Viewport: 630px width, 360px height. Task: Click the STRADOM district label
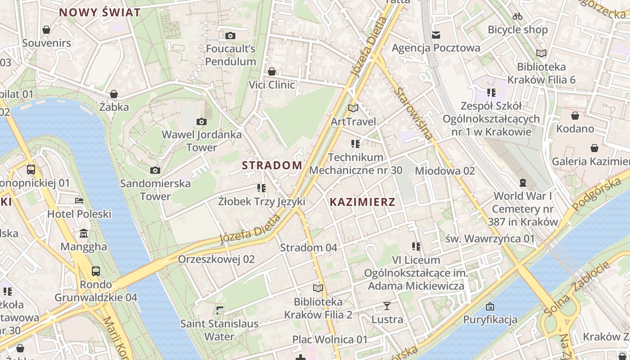click(272, 165)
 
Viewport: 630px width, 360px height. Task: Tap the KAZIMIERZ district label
click(362, 202)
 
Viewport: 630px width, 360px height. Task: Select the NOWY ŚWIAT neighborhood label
click(100, 13)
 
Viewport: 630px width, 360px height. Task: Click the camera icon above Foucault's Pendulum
click(230, 36)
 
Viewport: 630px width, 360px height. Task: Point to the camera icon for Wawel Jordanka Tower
click(202, 121)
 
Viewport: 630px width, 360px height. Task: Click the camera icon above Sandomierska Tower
click(155, 170)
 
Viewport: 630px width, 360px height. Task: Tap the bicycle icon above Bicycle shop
click(517, 16)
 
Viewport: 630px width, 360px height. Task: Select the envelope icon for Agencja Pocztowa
click(436, 35)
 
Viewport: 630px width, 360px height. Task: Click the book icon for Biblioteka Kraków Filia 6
click(541, 54)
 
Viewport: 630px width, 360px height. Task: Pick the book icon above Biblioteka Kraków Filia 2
click(318, 288)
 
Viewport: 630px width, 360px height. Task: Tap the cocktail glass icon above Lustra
click(387, 306)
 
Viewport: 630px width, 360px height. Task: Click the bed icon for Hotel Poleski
click(79, 201)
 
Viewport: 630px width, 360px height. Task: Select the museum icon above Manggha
click(84, 234)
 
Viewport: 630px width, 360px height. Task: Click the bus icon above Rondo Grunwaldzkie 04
click(96, 271)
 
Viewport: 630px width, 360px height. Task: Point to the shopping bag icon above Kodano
click(575, 116)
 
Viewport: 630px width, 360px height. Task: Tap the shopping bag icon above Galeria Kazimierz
click(594, 148)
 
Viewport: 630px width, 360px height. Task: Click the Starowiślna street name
click(413, 113)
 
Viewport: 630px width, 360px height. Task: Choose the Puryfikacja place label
click(490, 320)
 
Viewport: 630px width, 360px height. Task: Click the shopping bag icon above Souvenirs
click(46, 30)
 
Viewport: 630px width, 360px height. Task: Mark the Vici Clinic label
click(272, 85)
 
